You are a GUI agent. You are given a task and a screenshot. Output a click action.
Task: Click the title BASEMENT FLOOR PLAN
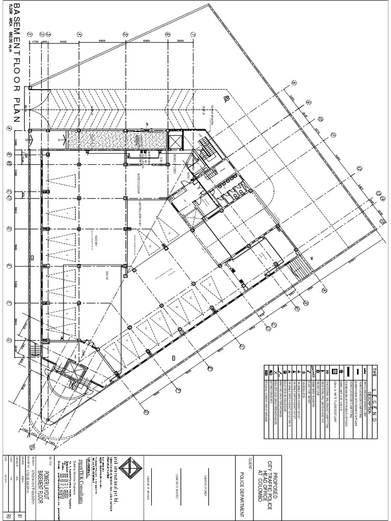(15, 64)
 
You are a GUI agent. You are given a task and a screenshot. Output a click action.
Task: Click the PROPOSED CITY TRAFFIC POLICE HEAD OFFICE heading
(268, 479)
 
